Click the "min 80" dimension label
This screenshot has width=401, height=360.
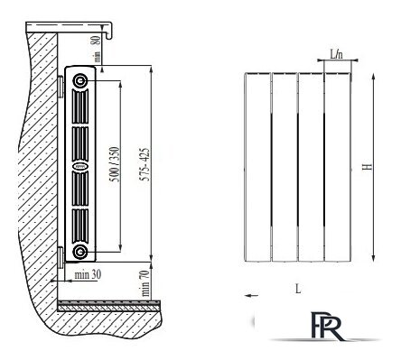click(96, 49)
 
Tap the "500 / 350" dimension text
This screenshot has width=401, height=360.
click(115, 164)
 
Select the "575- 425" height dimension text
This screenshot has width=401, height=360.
click(145, 164)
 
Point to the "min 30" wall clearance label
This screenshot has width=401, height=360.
click(88, 274)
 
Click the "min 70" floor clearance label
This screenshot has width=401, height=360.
click(145, 283)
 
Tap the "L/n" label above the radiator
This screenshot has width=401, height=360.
click(336, 54)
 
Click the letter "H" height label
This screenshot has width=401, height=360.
click(367, 166)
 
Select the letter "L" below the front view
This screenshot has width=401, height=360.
click(298, 289)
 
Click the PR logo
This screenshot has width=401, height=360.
click(327, 327)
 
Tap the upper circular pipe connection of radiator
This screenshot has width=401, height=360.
click(80, 80)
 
